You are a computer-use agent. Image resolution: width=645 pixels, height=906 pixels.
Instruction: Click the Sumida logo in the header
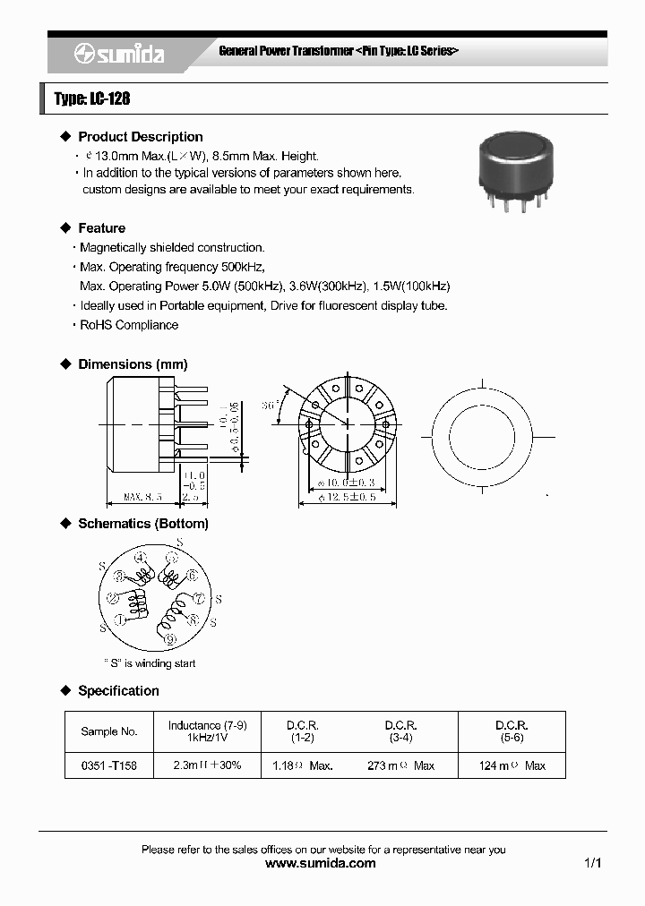(118, 54)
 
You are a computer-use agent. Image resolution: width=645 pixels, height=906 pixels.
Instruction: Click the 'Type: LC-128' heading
(92, 98)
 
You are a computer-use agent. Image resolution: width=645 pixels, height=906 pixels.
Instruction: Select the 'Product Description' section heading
(140, 137)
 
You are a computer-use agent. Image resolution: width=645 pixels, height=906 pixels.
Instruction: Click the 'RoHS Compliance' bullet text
(129, 325)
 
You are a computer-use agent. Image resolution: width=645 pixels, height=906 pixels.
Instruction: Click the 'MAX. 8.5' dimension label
(142, 495)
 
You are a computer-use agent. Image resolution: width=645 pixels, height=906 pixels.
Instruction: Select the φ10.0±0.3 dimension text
(347, 483)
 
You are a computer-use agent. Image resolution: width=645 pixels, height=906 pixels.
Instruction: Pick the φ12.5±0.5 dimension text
(347, 497)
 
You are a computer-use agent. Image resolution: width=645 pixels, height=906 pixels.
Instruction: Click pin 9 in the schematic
(170, 639)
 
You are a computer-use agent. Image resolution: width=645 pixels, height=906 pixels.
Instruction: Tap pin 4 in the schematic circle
(140, 558)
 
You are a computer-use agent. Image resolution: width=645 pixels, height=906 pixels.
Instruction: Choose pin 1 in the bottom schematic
(119, 620)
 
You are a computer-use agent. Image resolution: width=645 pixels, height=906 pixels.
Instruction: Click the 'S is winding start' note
(149, 663)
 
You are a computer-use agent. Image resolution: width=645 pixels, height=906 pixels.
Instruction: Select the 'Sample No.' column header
(109, 731)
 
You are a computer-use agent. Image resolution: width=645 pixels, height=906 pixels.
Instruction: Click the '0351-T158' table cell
(109, 766)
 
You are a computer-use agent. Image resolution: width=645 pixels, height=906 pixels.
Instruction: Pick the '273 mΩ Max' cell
(400, 766)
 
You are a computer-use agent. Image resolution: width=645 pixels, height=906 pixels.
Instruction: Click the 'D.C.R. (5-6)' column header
(512, 731)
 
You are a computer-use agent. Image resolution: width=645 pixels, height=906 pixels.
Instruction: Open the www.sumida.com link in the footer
(322, 864)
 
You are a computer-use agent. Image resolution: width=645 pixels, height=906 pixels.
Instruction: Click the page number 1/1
(592, 864)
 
